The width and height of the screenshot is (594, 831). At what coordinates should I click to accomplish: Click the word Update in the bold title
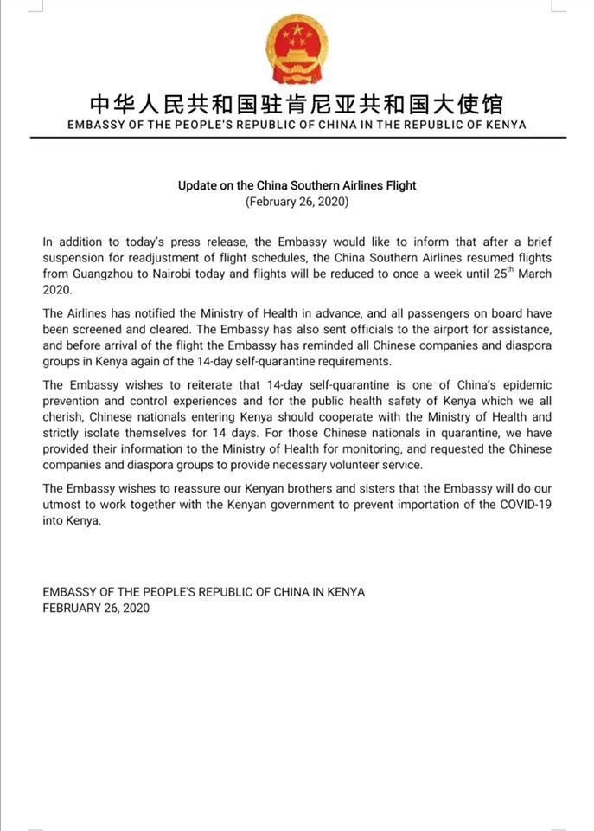pyautogui.click(x=197, y=185)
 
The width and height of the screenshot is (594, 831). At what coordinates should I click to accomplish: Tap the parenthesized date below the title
pyautogui.click(x=297, y=202)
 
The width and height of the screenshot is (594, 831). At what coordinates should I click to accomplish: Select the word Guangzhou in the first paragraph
pyautogui.click(x=108, y=274)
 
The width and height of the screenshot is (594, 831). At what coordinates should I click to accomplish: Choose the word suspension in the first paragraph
pyautogui.click(x=75, y=259)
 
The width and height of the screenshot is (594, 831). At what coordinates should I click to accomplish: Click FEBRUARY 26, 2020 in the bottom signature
pyautogui.click(x=96, y=608)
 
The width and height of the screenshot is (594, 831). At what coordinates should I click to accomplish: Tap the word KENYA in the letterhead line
pyautogui.click(x=505, y=125)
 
